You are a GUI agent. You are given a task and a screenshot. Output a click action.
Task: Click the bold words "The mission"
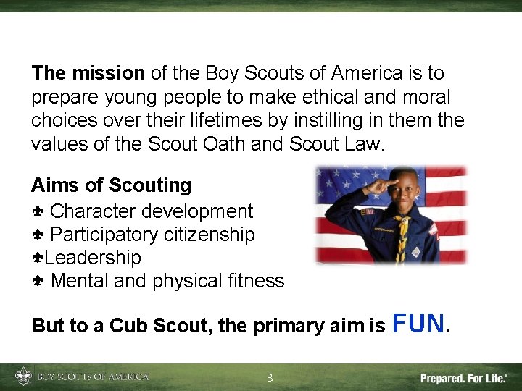click(x=88, y=73)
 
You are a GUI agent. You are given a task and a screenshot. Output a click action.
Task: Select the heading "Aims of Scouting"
click(x=112, y=185)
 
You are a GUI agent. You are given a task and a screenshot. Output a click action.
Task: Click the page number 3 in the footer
click(x=270, y=377)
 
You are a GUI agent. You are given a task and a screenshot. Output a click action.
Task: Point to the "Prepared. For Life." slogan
click(x=464, y=377)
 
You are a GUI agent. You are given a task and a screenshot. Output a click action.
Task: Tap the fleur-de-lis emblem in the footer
click(x=24, y=377)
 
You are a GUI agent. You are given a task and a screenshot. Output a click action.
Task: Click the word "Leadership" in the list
click(x=93, y=258)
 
